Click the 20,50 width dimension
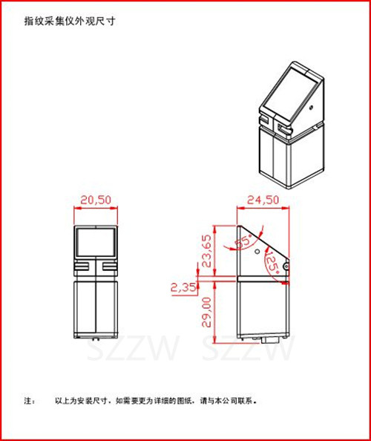coord(96,200)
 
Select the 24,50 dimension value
coord(263,200)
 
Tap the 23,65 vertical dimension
coord(206,251)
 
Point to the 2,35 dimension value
coord(183,287)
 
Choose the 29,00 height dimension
coord(206,312)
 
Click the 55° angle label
coord(243,241)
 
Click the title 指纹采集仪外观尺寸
coord(70,21)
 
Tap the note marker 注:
coord(30,400)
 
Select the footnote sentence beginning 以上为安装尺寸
coord(156,400)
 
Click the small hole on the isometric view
coord(311,108)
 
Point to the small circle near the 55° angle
coord(257,251)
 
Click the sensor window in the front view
coord(96,242)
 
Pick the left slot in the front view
coord(82,266)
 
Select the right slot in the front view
coord(110,266)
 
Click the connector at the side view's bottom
coord(270,340)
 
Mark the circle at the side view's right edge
coord(286,266)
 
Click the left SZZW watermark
coord(134,350)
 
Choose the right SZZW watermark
coord(249,350)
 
